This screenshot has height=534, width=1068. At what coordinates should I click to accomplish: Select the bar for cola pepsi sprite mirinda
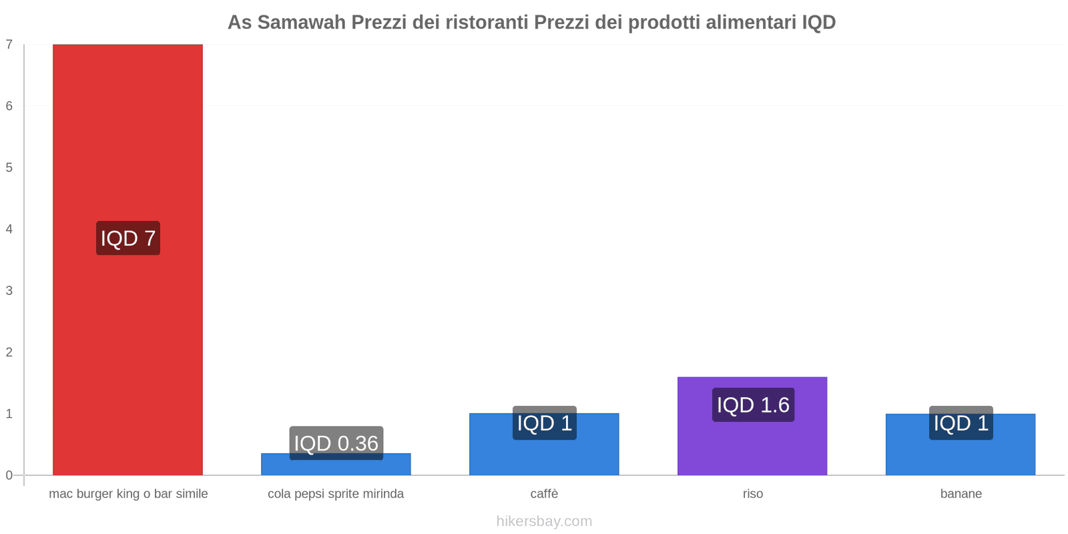[x=336, y=467]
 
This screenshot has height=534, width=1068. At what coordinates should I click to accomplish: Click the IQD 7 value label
[x=128, y=238]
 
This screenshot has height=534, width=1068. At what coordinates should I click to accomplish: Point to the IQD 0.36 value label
[x=336, y=443]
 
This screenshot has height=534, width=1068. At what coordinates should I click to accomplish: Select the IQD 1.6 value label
[x=753, y=405]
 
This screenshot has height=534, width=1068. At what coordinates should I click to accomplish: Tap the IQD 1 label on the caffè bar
[x=544, y=423]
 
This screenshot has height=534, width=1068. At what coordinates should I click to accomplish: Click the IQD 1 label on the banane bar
[x=961, y=423]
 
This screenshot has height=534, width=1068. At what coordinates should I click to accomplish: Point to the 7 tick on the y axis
[x=9, y=45]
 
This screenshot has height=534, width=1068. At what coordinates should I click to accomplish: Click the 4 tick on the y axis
[x=9, y=229]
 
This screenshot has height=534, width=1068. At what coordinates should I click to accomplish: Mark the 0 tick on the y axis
[x=9, y=475]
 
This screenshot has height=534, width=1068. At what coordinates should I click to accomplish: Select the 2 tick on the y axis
[x=9, y=352]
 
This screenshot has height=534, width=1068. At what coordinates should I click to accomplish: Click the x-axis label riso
[x=752, y=494]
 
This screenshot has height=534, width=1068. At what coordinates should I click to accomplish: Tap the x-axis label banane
[x=961, y=494]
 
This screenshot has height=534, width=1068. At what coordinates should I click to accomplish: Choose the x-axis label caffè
[x=544, y=494]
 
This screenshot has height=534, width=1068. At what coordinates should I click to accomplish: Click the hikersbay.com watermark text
[x=544, y=521]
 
